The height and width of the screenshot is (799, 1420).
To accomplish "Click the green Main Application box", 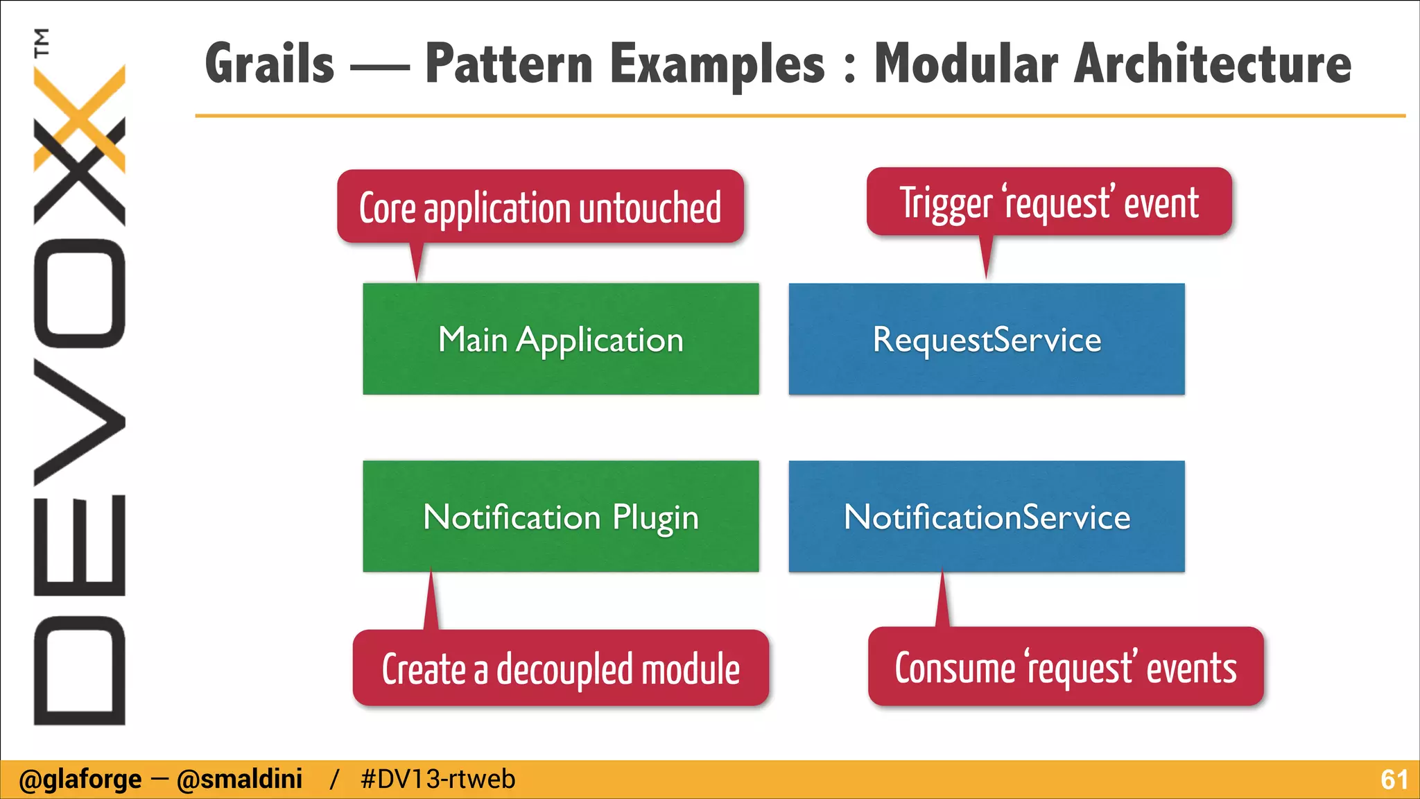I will (560, 339).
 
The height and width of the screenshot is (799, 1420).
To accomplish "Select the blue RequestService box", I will (986, 339).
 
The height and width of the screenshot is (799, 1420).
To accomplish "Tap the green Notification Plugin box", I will (560, 517).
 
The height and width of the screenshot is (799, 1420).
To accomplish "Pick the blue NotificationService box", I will (986, 517).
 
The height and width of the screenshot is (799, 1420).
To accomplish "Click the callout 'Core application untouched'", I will (540, 207).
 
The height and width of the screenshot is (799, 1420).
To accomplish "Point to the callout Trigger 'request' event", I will (1048, 202).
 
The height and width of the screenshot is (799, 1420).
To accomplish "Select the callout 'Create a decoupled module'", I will (560, 668).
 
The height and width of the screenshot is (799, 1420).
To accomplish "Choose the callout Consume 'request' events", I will (1065, 667).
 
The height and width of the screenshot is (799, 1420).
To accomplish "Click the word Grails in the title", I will (270, 64).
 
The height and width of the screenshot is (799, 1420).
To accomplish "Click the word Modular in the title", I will (965, 64).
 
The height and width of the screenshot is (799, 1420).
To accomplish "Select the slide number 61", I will (1394, 780).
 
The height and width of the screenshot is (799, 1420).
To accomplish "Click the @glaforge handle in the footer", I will (80, 780).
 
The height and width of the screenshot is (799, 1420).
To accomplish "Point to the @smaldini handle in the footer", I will (239, 780).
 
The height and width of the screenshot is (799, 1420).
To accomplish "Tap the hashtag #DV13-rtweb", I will (438, 780).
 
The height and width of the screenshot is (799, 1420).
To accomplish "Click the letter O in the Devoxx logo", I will (79, 293).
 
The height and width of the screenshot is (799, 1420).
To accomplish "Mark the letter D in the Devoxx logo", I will (79, 670).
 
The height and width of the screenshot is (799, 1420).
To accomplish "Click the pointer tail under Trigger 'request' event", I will (986, 257).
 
